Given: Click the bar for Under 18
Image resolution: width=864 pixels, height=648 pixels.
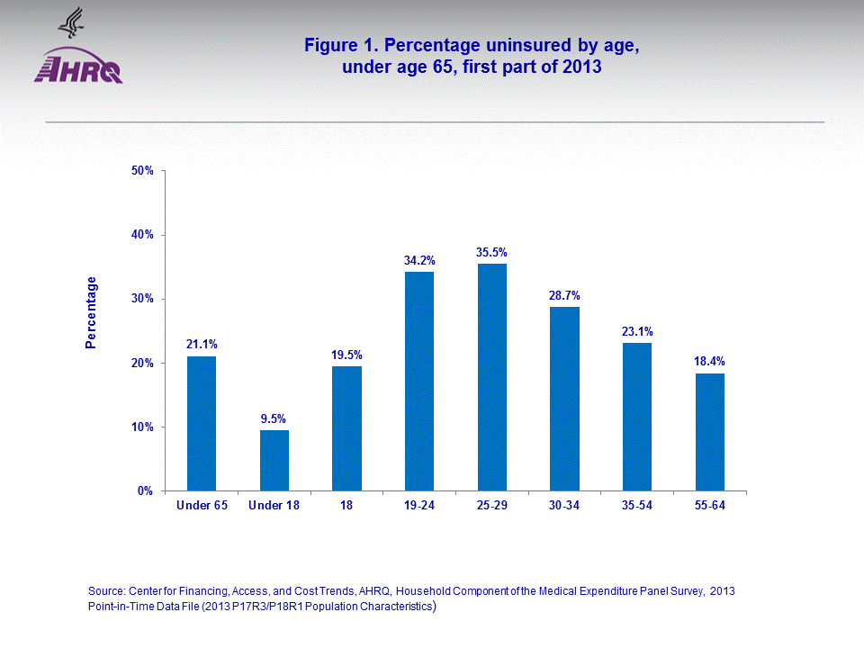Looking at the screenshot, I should pyautogui.click(x=274, y=460).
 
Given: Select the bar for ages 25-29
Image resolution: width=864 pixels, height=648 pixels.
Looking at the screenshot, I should pyautogui.click(x=492, y=377).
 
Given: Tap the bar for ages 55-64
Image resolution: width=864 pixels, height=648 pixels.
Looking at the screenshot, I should pyautogui.click(x=710, y=432).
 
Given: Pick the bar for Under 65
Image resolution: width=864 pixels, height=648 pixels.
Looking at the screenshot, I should pyautogui.click(x=202, y=423).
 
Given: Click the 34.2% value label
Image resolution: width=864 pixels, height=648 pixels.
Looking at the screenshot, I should pyautogui.click(x=419, y=260).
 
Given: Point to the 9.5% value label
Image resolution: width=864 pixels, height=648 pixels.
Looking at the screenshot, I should pyautogui.click(x=274, y=418).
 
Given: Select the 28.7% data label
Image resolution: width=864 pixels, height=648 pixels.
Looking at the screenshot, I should pyautogui.click(x=564, y=294).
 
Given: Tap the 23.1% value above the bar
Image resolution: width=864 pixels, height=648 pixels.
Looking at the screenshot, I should pyautogui.click(x=637, y=330).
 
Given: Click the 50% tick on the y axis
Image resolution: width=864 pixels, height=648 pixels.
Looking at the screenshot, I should pyautogui.click(x=143, y=170).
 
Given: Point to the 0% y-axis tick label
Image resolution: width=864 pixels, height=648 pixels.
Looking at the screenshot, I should pyautogui.click(x=146, y=490).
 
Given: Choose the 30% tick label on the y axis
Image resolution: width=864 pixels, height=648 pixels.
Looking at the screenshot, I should pyautogui.click(x=143, y=299).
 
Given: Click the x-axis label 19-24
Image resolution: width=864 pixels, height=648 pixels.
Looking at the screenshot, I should pyautogui.click(x=419, y=506).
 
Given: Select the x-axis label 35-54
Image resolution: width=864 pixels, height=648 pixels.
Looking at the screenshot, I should pyautogui.click(x=637, y=506).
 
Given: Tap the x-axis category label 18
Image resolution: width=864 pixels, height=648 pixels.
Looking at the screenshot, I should pyautogui.click(x=346, y=506).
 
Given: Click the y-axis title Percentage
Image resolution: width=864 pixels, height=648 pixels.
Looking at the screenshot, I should pyautogui.click(x=91, y=312).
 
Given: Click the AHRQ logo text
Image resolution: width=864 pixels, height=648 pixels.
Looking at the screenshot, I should pyautogui.click(x=79, y=70).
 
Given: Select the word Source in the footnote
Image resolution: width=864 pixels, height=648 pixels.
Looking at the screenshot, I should pyautogui.click(x=107, y=591).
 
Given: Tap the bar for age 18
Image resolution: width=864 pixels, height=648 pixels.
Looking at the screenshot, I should pyautogui.click(x=346, y=428).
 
